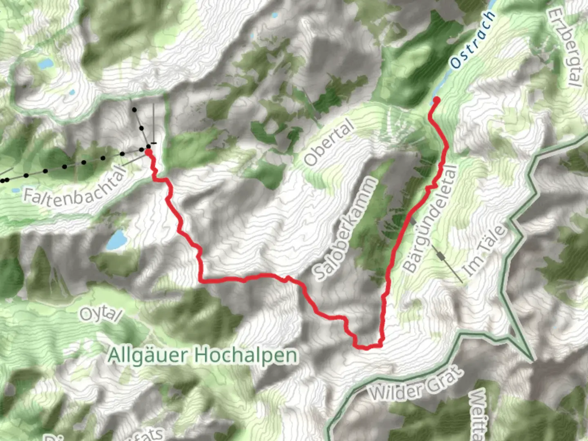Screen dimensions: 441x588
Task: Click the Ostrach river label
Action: point(473,40)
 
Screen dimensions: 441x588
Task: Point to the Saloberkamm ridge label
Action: point(345,229)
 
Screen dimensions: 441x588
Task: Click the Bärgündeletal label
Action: point(429,219)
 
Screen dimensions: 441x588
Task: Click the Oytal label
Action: point(100,314)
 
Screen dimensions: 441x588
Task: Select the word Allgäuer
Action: point(147,355)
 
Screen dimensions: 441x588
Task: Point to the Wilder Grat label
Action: point(417,384)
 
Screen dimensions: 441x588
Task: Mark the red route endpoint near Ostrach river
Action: point(437,100)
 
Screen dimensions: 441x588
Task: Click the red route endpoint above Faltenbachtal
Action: point(149,152)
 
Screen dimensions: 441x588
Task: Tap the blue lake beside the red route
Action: point(116,240)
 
